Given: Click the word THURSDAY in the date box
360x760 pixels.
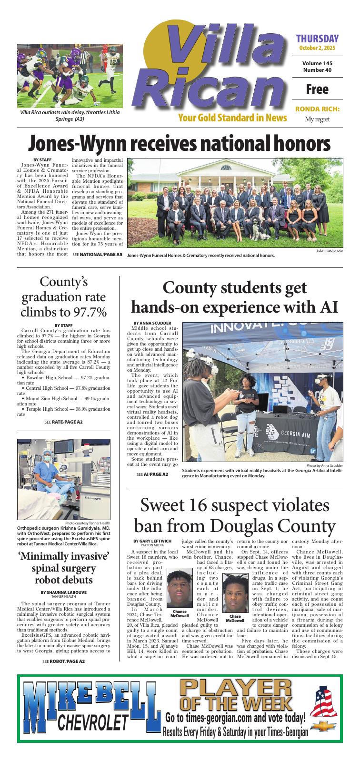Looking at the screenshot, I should pos(317,39).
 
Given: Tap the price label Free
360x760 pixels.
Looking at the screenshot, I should pos(317,89).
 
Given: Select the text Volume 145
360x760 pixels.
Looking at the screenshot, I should pos(317,63).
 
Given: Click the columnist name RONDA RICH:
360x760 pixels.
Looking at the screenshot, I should pos(317,109).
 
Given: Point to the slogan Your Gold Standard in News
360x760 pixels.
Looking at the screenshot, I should pos(232,118).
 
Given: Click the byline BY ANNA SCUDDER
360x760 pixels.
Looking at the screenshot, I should pos(149,323).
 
